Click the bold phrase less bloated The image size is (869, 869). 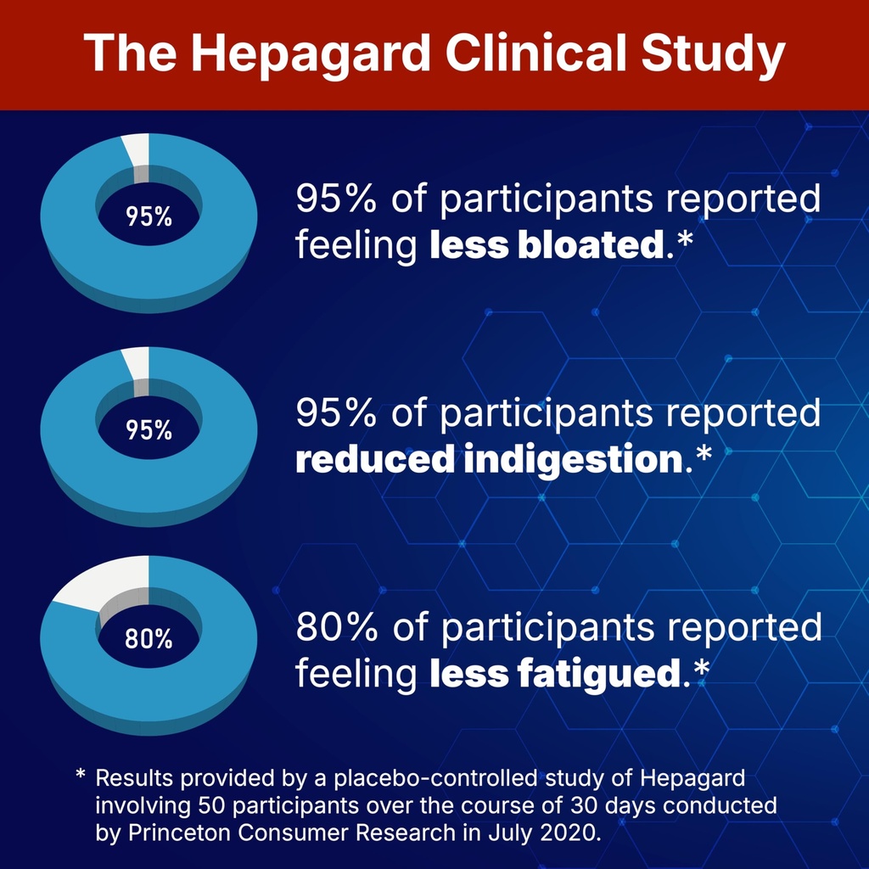(x=545, y=246)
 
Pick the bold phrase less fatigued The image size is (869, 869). (x=556, y=674)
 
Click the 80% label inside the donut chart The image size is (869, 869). (x=149, y=639)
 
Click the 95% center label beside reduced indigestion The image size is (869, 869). (x=149, y=430)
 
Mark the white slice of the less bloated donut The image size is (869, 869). (x=137, y=150)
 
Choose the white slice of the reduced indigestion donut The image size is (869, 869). (x=137, y=363)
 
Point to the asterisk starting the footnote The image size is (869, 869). (x=81, y=775)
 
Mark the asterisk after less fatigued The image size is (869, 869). (x=701, y=670)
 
